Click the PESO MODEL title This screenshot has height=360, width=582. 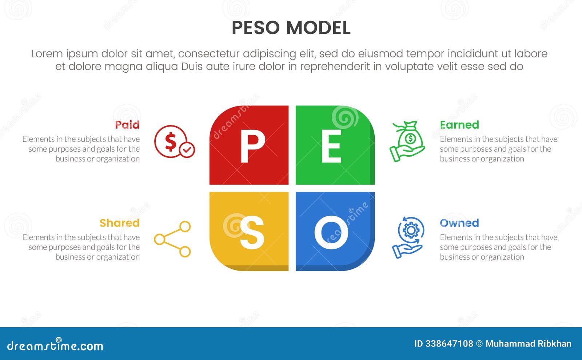pyautogui.click(x=291, y=28)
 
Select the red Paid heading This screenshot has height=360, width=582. pyautogui.click(x=127, y=125)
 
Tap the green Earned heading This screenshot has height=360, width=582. pyautogui.click(x=459, y=125)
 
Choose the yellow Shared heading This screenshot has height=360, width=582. pyautogui.click(x=119, y=223)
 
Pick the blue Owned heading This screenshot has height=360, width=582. pyautogui.click(x=459, y=223)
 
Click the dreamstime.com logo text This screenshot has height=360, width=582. pyautogui.click(x=55, y=345)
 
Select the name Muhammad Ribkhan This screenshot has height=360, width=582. pyautogui.click(x=528, y=344)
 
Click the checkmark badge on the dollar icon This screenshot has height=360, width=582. pyautogui.click(x=187, y=149)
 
